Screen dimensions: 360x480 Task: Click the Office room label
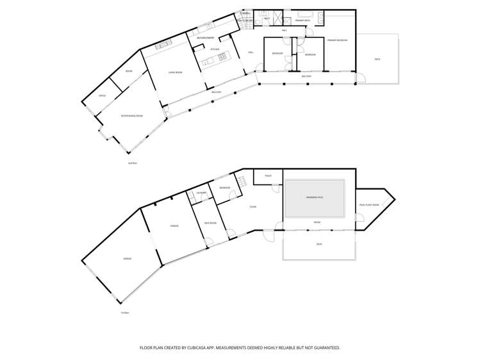click(102, 95)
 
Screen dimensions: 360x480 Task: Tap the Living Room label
click(175, 72)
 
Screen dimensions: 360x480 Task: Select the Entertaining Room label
click(132, 116)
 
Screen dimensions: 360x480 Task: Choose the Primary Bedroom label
click(337, 40)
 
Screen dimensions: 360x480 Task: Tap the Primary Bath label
click(302, 20)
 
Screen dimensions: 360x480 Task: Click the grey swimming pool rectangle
click(315, 197)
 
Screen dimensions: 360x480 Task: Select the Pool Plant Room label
click(369, 205)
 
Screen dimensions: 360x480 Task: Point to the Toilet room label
click(268, 176)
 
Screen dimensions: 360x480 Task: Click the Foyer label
click(253, 207)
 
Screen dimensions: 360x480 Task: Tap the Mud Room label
click(210, 223)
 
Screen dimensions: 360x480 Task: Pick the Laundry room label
click(201, 193)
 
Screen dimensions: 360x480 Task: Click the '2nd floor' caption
click(133, 163)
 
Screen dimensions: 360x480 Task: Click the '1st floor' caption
click(125, 313)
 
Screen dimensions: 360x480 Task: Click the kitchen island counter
click(213, 61)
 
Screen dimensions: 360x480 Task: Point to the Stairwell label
click(245, 13)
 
